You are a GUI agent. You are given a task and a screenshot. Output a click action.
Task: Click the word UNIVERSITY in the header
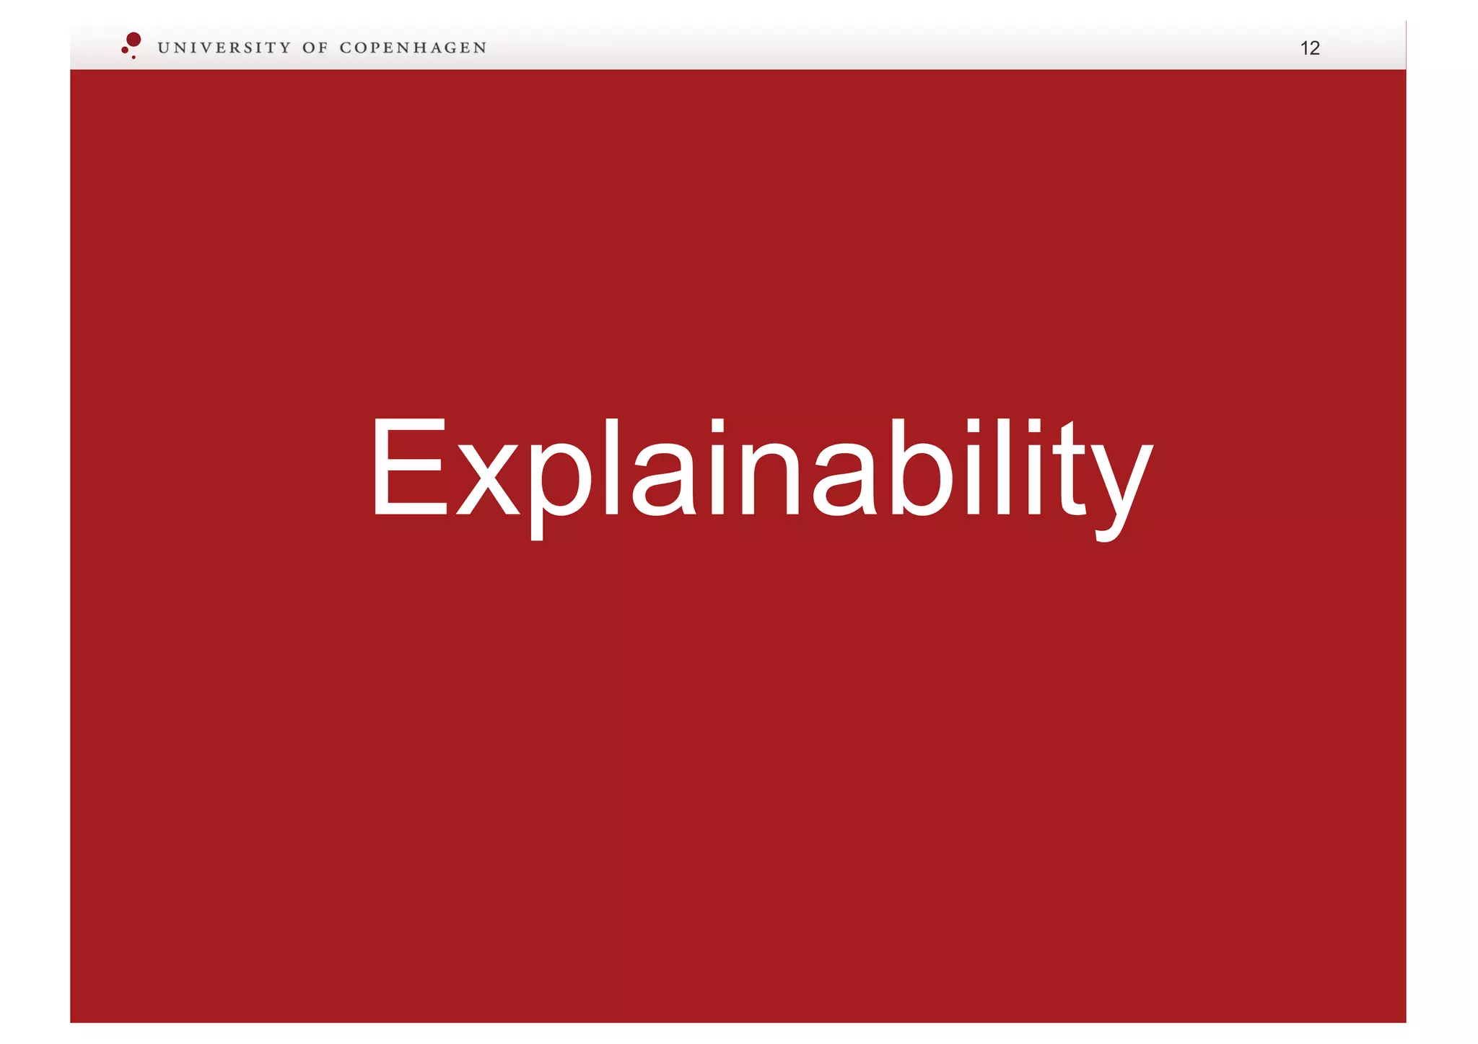[x=224, y=48]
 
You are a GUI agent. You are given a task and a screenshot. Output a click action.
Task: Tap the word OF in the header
[x=315, y=48]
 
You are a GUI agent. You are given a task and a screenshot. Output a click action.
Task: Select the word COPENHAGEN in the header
[x=413, y=48]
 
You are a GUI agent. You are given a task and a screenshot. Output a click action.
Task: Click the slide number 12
[x=1309, y=48]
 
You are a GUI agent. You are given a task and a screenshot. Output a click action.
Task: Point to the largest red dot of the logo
[x=134, y=39]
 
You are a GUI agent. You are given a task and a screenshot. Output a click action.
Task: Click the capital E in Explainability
[x=408, y=467]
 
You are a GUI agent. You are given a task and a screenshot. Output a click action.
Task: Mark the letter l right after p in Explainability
[x=611, y=467]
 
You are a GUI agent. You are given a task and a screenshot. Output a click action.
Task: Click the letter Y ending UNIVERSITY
[x=284, y=48]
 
